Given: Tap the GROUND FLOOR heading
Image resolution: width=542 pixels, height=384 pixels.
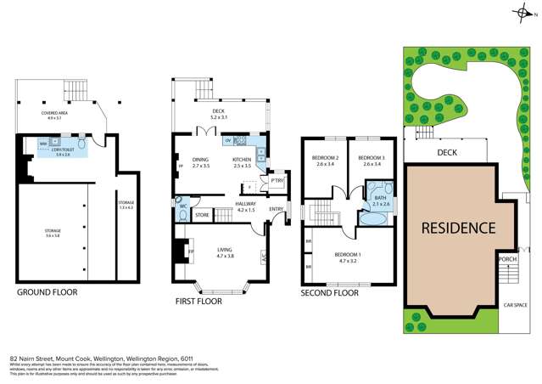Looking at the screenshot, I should click(47, 291).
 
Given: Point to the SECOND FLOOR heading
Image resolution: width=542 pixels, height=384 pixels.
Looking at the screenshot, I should click(331, 292).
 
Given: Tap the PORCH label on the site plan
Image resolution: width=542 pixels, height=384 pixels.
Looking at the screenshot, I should click(507, 259).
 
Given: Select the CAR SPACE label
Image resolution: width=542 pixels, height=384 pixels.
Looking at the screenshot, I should click(517, 303).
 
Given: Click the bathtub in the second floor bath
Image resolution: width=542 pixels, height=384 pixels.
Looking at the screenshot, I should click(373, 218).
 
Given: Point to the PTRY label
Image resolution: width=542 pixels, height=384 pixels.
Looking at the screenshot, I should click(277, 180).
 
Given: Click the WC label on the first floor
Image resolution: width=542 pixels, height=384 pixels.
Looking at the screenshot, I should click(182, 206).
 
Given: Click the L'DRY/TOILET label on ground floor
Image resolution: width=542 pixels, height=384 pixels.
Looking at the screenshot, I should click(63, 152).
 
